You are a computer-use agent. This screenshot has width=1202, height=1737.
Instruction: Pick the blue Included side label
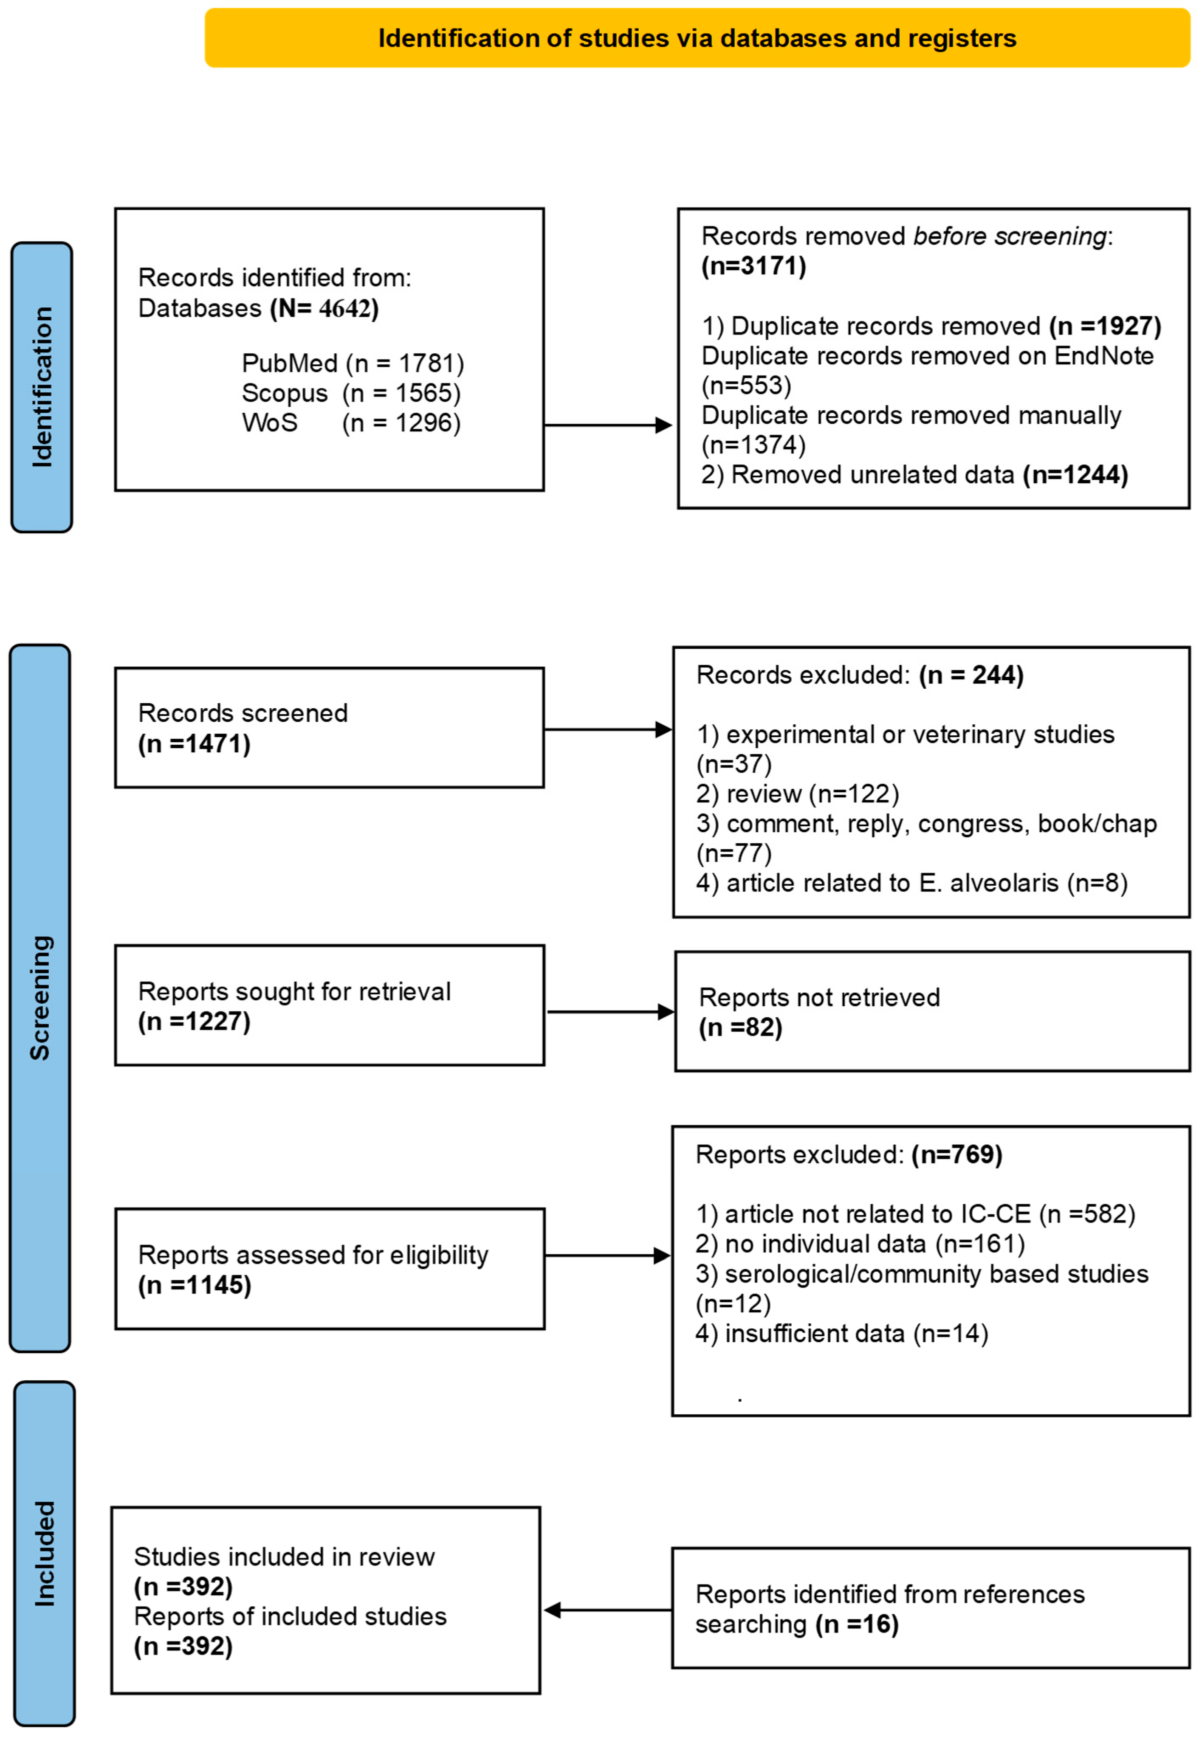(x=45, y=1553)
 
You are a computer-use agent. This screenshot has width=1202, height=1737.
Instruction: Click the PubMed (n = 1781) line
(x=353, y=364)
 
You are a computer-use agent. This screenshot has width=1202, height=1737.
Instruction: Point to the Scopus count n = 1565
(x=401, y=393)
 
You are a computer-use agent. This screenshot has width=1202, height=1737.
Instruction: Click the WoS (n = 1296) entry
(x=351, y=423)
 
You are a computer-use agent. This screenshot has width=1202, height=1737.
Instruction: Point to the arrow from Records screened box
(x=607, y=729)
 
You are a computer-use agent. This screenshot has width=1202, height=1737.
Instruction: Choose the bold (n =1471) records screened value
(x=194, y=744)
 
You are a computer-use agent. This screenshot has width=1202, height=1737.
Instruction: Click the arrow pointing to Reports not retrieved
(x=610, y=1011)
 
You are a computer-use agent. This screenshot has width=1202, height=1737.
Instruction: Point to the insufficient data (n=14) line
(x=841, y=1334)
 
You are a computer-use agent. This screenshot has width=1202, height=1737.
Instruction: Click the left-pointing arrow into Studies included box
(x=607, y=1610)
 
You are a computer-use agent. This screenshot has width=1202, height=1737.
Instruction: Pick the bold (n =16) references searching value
(x=857, y=1624)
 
